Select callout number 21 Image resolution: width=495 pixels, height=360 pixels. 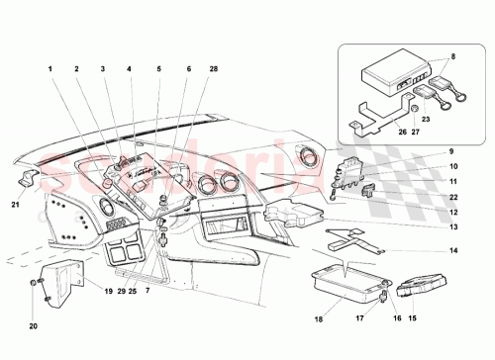pos(15,205)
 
